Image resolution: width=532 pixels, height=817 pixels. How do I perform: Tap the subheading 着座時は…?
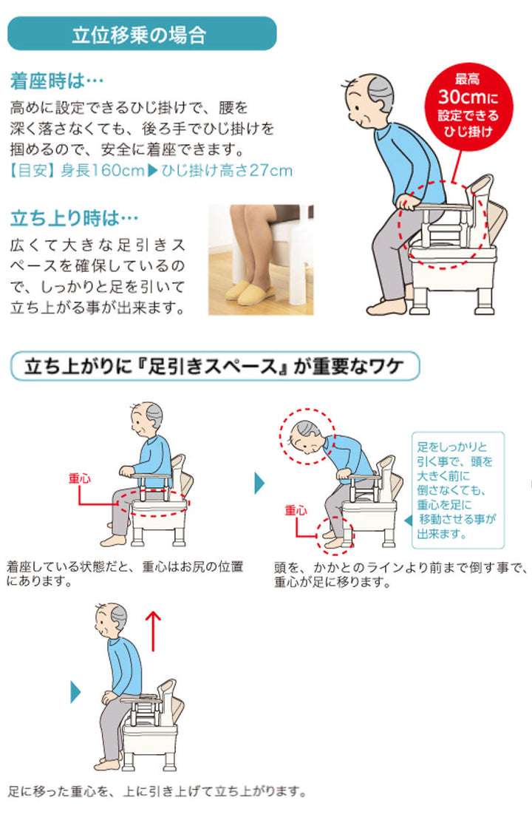pos(58,80)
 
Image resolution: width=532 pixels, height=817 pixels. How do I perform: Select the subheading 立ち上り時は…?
pos(75,219)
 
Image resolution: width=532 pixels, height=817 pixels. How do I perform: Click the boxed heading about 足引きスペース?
pos(214,365)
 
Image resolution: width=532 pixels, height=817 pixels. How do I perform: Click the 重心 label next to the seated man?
pos(79,478)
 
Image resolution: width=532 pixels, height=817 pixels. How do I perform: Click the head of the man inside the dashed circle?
pos(306,435)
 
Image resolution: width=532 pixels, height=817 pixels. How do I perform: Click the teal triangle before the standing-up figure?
pos(75,692)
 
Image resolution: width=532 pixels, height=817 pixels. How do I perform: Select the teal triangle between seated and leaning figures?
pos(259,484)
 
